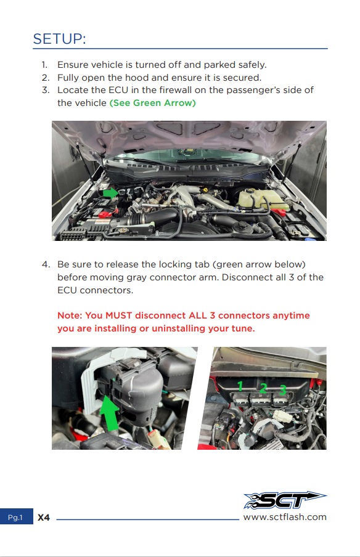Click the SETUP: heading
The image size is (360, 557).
click(x=59, y=39)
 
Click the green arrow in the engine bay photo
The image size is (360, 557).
click(x=110, y=193)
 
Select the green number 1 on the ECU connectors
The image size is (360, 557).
click(x=240, y=386)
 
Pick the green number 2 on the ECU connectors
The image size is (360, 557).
click(x=263, y=388)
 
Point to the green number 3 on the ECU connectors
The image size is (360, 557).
click(x=283, y=390)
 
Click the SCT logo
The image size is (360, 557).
click(x=285, y=500)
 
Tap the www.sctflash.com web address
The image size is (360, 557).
click(x=285, y=517)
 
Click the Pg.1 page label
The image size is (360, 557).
click(x=15, y=518)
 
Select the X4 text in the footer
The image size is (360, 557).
click(x=44, y=518)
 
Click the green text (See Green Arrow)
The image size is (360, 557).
click(x=153, y=103)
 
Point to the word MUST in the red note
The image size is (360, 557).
click(x=119, y=315)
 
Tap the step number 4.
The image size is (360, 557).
click(x=46, y=265)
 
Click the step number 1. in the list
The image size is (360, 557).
click(x=44, y=65)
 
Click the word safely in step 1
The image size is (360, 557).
click(x=252, y=65)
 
